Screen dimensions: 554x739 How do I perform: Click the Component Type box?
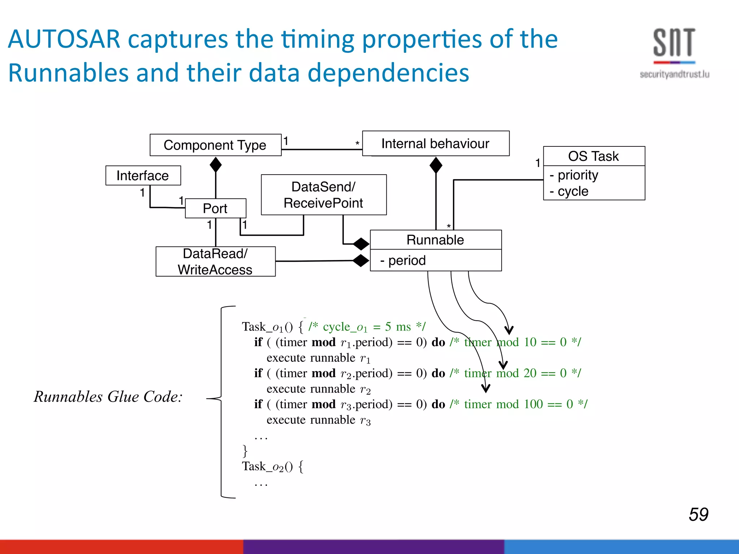pyautogui.click(x=215, y=145)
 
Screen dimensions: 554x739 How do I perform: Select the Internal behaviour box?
pyautogui.click(x=436, y=144)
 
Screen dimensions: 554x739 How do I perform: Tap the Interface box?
pyautogui.click(x=143, y=176)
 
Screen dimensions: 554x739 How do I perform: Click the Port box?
pyautogui.click(x=215, y=208)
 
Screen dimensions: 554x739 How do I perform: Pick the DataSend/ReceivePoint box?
pyautogui.click(x=324, y=195)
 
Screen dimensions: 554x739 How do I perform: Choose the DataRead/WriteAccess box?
pyautogui.click(x=215, y=261)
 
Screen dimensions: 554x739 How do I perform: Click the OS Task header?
pyautogui.click(x=594, y=156)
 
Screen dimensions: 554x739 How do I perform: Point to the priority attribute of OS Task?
pyautogui.click(x=577, y=175)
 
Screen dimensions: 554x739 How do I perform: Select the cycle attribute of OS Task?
pyautogui.click(x=573, y=191)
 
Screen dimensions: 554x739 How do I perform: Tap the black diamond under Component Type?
pyautogui.click(x=216, y=165)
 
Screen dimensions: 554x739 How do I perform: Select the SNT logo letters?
pyautogui.click(x=674, y=43)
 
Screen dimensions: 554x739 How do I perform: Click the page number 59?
pyautogui.click(x=699, y=514)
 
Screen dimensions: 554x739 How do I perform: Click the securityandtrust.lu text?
pyautogui.click(x=674, y=74)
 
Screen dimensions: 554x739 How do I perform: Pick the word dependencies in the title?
pyautogui.click(x=388, y=73)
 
